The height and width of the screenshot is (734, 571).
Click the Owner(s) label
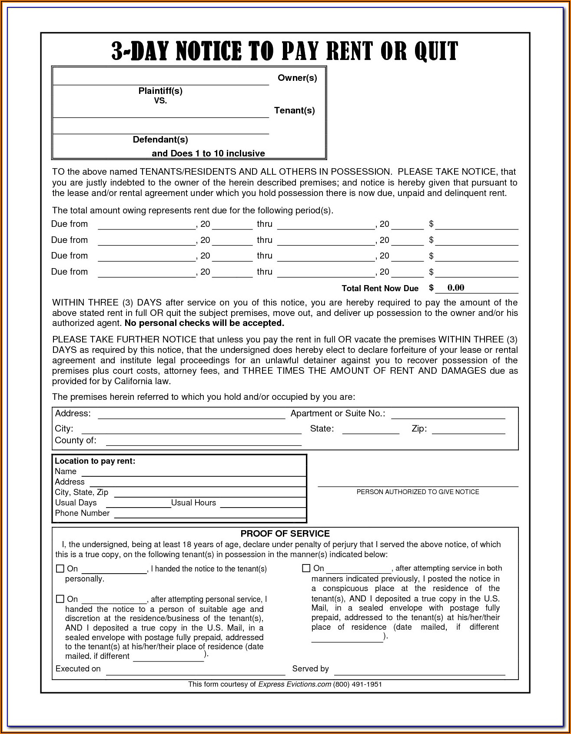(297, 78)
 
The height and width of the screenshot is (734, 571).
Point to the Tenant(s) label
(294, 110)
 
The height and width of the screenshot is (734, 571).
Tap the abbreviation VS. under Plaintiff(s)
(160, 100)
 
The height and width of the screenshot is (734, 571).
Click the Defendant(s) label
(160, 139)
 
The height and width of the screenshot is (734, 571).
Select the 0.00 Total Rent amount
(455, 288)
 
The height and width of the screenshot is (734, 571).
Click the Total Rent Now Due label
(380, 289)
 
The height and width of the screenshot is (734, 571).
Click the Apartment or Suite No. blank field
(448, 414)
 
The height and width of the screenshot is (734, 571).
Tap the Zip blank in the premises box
(468, 429)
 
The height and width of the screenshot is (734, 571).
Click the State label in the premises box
(322, 429)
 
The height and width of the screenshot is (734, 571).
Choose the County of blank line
(203, 441)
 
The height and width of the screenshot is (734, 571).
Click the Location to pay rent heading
(95, 461)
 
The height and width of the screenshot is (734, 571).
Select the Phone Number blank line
(209, 514)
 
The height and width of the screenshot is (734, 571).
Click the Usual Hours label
(193, 503)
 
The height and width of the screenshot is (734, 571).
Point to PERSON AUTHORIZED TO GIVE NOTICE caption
(418, 492)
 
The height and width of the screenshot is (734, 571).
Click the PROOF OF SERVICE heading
(285, 534)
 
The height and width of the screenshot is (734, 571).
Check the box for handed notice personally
(60, 569)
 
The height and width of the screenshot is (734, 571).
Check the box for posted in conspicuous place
(306, 568)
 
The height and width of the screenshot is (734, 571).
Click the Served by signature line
(419, 670)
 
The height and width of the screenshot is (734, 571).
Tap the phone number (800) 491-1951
(357, 684)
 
